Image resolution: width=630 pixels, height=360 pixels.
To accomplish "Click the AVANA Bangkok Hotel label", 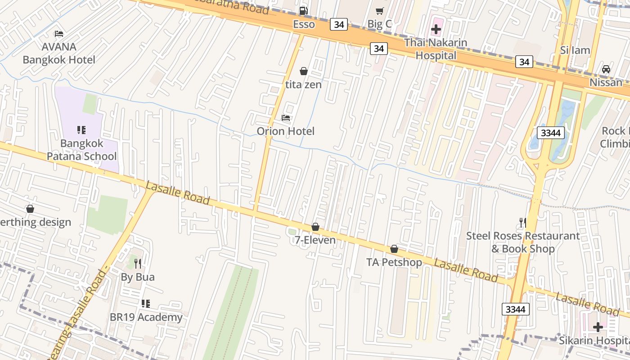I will pyautogui.click(x=59, y=53).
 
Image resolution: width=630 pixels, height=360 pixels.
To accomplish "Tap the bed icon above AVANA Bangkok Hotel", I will pyautogui.click(x=59, y=34).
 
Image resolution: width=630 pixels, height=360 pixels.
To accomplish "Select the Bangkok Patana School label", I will pyautogui.click(x=82, y=150).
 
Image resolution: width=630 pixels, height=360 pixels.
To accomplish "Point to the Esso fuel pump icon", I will pyautogui.click(x=304, y=10).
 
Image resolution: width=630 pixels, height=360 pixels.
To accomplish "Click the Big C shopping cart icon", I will pyautogui.click(x=380, y=11).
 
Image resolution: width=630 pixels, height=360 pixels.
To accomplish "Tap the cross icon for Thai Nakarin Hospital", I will pyautogui.click(x=436, y=30).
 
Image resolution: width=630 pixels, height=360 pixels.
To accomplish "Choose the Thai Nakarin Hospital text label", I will pyautogui.click(x=436, y=49).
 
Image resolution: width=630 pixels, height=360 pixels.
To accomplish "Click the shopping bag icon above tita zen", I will pyautogui.click(x=304, y=71).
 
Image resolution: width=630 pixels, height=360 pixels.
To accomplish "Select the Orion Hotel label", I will pyautogui.click(x=285, y=131).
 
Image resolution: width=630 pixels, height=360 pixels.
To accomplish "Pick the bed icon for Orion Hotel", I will pyautogui.click(x=286, y=118).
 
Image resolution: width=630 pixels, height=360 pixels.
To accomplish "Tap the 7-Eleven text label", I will pyautogui.click(x=315, y=240).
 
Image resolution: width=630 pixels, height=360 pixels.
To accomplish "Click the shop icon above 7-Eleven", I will pyautogui.click(x=315, y=227).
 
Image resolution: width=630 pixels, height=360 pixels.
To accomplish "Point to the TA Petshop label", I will pyautogui.click(x=394, y=262).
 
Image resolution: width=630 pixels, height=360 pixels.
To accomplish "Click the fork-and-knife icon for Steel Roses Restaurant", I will pyautogui.click(x=522, y=222).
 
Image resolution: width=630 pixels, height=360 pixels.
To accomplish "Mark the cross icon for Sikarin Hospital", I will pyautogui.click(x=598, y=327).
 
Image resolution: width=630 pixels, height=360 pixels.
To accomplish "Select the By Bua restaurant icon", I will pyautogui.click(x=138, y=264).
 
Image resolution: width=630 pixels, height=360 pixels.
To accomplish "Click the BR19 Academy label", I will pyautogui.click(x=146, y=317).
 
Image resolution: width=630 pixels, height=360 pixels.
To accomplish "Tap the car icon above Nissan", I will pyautogui.click(x=606, y=69).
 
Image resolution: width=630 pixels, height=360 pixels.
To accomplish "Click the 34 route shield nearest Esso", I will pyautogui.click(x=339, y=24).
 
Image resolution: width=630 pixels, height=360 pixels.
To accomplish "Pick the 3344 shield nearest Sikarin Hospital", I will pyautogui.click(x=515, y=309).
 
